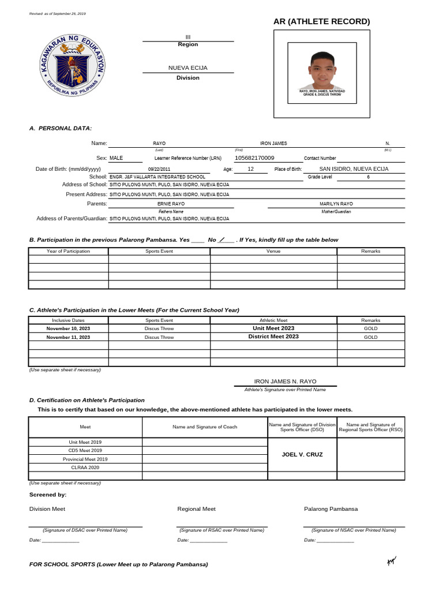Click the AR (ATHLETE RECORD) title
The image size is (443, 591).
[322, 22]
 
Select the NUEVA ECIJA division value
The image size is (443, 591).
[187, 68]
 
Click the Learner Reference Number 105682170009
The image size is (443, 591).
[255, 158]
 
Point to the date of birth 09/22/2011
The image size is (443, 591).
[159, 169]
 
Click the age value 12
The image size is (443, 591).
[250, 169]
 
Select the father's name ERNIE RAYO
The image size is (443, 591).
[171, 204]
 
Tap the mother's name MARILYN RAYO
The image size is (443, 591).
[336, 204]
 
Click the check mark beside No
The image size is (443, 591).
[223, 240]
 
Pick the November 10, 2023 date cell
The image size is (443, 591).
[68, 328]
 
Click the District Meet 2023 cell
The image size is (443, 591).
[273, 336]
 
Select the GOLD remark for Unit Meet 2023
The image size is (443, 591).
[370, 328]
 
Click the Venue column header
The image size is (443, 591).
[273, 251]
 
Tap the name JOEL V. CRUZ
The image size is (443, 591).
[302, 455]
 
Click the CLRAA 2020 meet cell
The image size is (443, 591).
[85, 467]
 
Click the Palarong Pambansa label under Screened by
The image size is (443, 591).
[331, 509]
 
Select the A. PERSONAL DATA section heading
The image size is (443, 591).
[61, 128]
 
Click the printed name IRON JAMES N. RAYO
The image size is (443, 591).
[285, 381]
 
